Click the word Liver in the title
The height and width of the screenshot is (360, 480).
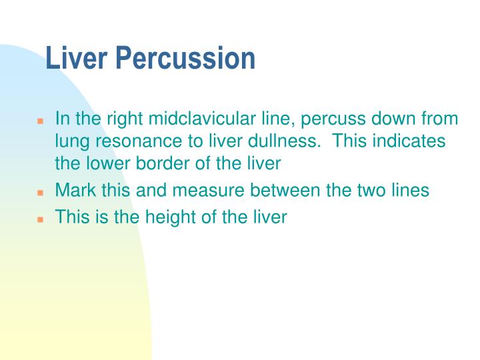pyautogui.click(x=75, y=59)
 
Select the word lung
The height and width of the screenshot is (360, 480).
pyautogui.click(x=69, y=142)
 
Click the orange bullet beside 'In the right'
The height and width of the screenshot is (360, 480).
pyautogui.click(x=40, y=122)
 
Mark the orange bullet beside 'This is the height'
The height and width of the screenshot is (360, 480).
pyautogui.click(x=40, y=219)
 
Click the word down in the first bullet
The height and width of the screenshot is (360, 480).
pyautogui.click(x=389, y=119)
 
